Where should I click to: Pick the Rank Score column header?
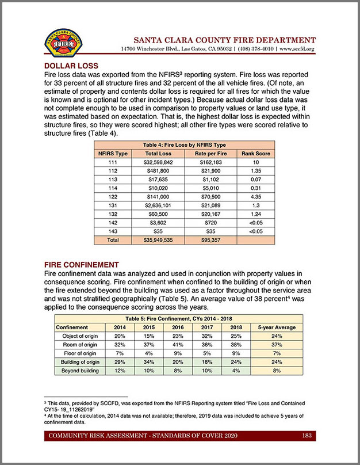coord(256,154)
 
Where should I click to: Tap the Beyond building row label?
coord(76,371)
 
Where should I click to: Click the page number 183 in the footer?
coord(307,436)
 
